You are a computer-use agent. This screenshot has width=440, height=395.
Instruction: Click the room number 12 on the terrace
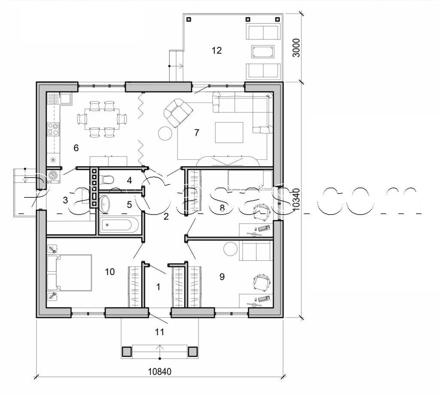(217, 50)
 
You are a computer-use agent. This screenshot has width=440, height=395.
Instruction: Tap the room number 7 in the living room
(197, 132)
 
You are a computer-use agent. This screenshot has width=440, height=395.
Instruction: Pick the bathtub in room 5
(119, 225)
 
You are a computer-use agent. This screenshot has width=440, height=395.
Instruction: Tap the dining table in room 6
(102, 119)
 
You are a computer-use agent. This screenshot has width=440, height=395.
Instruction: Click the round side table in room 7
(165, 134)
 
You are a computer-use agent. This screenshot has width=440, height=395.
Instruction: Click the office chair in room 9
(261, 282)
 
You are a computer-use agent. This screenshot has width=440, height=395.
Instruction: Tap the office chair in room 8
(261, 211)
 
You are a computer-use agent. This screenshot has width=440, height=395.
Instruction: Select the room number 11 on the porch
(159, 332)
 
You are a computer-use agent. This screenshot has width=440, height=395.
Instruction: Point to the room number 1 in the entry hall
(158, 287)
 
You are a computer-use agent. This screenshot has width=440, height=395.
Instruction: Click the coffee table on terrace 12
(263, 52)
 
